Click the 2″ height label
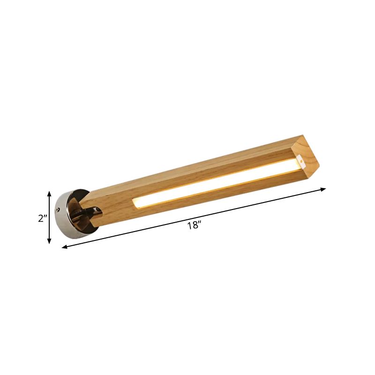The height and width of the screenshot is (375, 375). click(43, 218)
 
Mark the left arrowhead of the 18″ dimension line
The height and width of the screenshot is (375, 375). click(65, 247)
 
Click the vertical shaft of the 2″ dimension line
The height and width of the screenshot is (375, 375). click(49, 217)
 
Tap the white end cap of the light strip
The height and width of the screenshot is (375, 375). click(301, 163)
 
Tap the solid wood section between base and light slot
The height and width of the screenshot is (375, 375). click(112, 206)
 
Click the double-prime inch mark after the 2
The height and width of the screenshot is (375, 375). click(46, 217)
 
